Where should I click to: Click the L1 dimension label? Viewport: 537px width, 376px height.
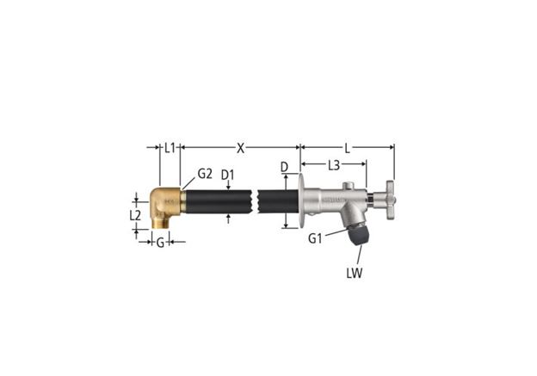click(x=170, y=148)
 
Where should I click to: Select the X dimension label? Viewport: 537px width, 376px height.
click(x=241, y=148)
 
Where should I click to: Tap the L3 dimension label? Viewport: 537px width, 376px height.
click(x=334, y=166)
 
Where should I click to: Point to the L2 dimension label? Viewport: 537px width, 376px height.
click(x=135, y=215)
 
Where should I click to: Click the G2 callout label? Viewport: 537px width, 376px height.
click(x=205, y=174)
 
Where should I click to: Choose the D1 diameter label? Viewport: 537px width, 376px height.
click(x=227, y=175)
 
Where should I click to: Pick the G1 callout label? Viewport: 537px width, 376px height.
click(x=315, y=238)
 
